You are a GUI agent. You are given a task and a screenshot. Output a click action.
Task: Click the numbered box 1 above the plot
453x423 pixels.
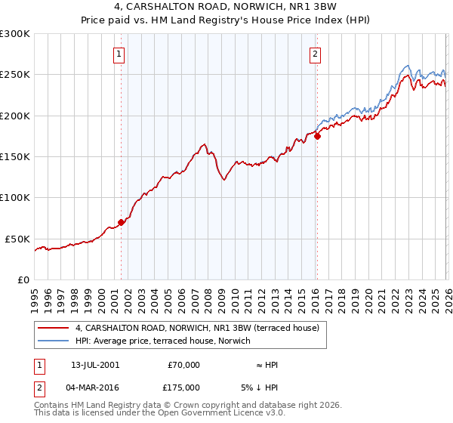tap(120, 54)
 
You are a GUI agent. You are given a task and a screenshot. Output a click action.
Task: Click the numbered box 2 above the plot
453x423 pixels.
tap(314, 54)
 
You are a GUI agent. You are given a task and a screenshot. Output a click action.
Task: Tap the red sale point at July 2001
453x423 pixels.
tap(121, 222)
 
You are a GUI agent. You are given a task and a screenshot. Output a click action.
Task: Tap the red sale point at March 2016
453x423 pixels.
tap(317, 137)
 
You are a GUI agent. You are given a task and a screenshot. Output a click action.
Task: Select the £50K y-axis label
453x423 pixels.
tap(17, 239)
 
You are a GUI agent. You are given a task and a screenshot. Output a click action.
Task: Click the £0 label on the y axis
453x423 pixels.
tap(24, 279)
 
